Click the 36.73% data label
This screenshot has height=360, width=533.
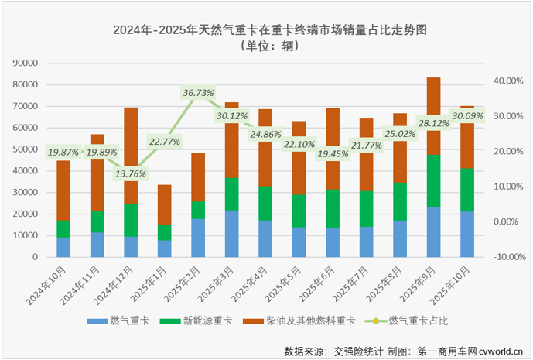(198, 93)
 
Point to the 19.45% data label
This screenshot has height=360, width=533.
(332, 153)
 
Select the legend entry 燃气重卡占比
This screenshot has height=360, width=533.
(419, 320)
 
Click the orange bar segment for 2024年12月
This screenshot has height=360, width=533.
(131, 155)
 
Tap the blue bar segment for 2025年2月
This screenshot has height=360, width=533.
(198, 237)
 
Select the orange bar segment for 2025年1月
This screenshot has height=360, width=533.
(164, 205)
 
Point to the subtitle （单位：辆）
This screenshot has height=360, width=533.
(268, 46)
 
